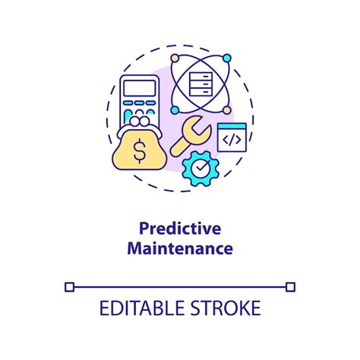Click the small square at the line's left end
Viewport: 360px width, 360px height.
click(x=70, y=286)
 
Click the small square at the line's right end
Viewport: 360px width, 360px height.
click(x=290, y=286)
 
